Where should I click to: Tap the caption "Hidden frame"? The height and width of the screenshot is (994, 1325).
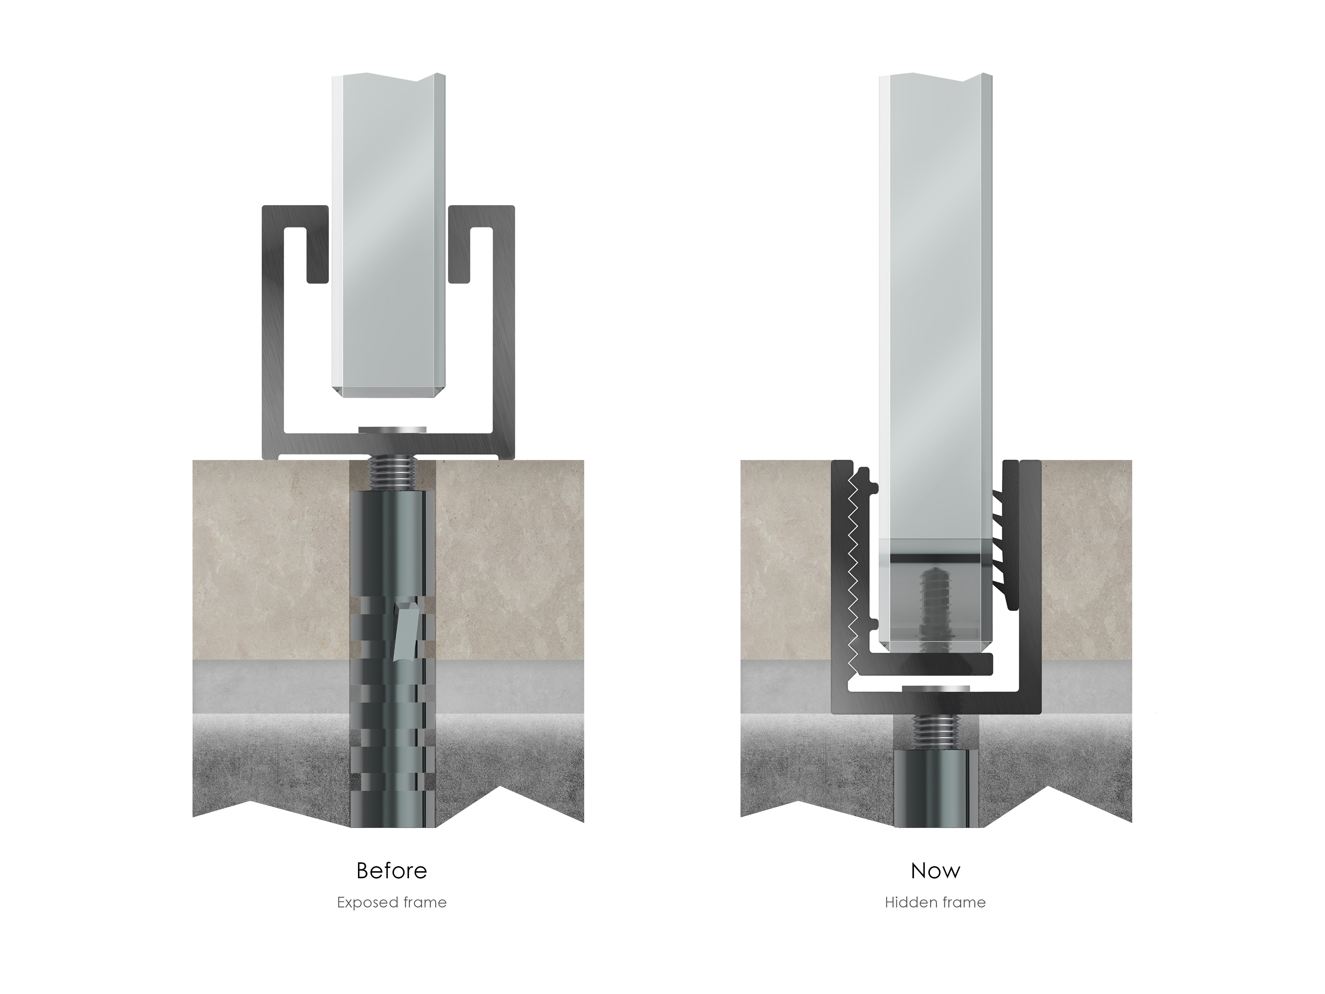coord(935,902)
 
